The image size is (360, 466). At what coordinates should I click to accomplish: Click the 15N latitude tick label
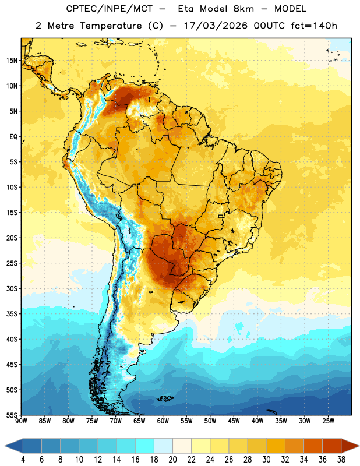tap(12, 61)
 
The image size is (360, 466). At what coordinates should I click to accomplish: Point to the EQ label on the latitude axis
tap(13, 137)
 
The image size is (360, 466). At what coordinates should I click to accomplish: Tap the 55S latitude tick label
tap(12, 415)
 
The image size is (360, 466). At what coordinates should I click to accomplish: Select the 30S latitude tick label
tap(12, 288)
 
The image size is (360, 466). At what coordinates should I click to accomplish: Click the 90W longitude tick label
tap(21, 421)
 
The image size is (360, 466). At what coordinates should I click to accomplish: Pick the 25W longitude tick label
tap(328, 421)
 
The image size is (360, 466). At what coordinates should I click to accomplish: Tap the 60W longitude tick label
tap(163, 421)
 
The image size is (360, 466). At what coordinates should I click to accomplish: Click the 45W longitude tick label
tap(234, 421)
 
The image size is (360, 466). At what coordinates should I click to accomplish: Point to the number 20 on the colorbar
tap(172, 460)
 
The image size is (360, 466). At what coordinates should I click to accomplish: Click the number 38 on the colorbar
tap(341, 460)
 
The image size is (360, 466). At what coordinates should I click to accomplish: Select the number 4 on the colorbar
tap(23, 460)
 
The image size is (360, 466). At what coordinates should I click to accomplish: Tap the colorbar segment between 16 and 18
tap(145, 446)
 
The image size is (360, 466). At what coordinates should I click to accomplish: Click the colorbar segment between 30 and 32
tap(276, 446)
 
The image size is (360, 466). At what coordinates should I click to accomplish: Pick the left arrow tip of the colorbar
tap(5, 446)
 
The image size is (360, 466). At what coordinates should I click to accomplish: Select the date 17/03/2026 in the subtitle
tap(216, 26)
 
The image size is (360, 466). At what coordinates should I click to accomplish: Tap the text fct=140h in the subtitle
tap(314, 26)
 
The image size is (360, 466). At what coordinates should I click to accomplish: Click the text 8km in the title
tap(243, 9)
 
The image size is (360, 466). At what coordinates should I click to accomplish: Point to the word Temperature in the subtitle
tap(111, 26)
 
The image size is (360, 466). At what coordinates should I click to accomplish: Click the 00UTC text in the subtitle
tap(269, 26)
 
